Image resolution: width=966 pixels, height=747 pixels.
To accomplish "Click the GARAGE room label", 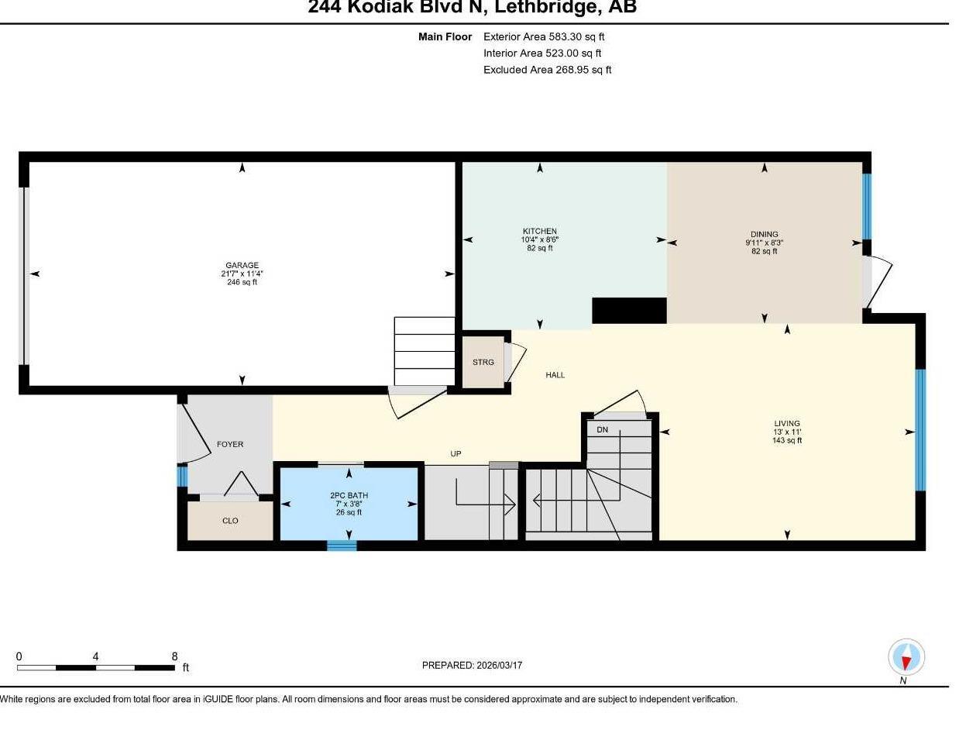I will click(x=242, y=265).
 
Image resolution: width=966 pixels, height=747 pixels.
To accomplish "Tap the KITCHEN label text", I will click(x=539, y=231).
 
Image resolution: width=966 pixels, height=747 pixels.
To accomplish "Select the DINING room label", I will click(x=764, y=234).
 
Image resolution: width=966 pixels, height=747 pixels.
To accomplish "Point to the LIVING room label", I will click(x=786, y=424).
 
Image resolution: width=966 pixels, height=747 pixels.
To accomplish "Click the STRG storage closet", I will click(x=483, y=362).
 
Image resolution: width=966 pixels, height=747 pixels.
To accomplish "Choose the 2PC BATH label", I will click(x=349, y=495).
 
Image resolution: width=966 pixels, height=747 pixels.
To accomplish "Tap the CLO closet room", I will click(x=230, y=521).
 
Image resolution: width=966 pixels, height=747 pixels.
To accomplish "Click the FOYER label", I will click(x=230, y=444).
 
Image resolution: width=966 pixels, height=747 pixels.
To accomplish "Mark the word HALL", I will click(x=555, y=375).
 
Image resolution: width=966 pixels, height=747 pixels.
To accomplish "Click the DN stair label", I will click(x=602, y=429).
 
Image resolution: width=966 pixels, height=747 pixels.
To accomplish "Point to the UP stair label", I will click(x=455, y=453).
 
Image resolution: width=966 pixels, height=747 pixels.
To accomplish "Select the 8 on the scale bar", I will click(x=174, y=656).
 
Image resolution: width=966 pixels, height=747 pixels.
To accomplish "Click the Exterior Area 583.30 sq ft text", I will click(x=544, y=36).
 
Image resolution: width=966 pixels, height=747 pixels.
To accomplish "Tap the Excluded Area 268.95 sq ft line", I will click(x=547, y=70).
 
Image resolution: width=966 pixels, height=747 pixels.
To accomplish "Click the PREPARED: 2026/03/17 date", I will click(x=472, y=665).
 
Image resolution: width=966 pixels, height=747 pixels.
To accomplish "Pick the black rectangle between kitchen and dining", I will click(x=629, y=310).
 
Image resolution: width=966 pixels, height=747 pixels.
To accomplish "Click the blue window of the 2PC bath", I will click(x=341, y=546).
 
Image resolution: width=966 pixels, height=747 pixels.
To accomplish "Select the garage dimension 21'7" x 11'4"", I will click(x=242, y=274).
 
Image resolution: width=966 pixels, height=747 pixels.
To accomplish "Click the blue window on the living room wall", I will click(x=920, y=430).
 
